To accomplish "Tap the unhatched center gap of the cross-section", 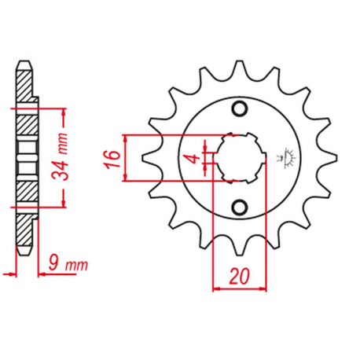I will point(26,157).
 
